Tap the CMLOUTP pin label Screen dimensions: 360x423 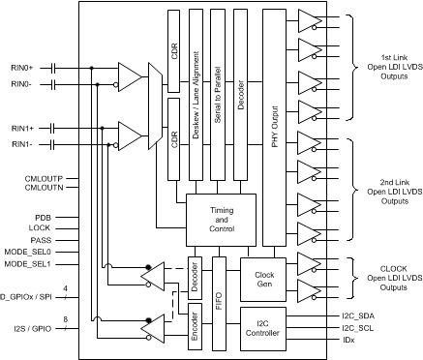43,180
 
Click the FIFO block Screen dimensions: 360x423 219,300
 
